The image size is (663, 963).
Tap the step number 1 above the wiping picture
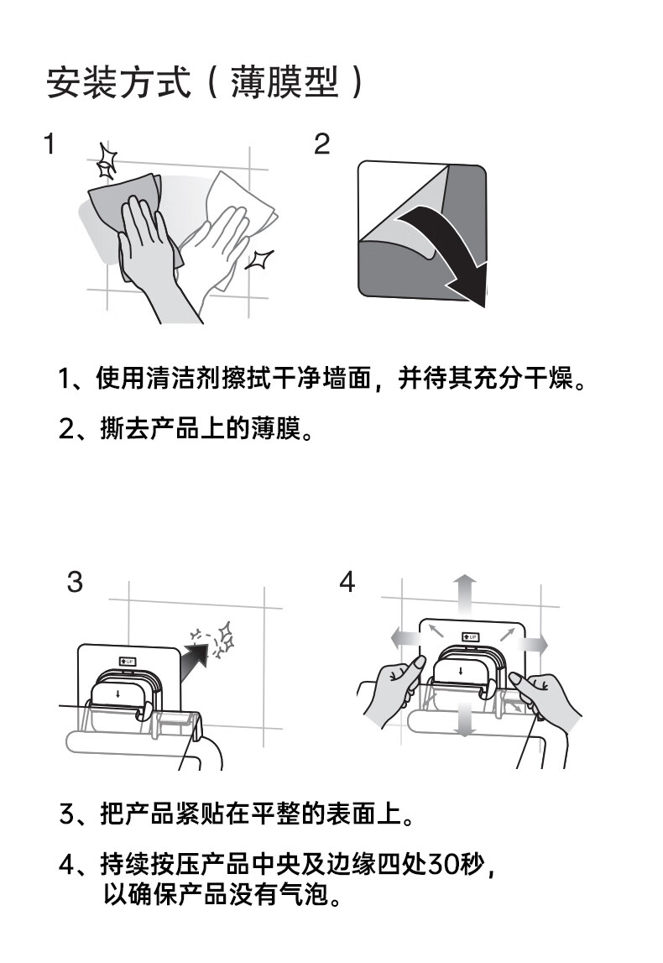point(50,144)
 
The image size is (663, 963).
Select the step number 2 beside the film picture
point(321,144)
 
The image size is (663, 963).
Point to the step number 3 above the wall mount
point(75,582)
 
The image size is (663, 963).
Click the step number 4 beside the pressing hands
point(347,582)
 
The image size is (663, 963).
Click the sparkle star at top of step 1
point(107,161)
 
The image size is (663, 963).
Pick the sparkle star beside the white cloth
point(259,259)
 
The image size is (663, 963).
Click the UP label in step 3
point(127,662)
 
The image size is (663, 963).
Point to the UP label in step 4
point(470,637)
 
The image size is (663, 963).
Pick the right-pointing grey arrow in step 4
point(532,644)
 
